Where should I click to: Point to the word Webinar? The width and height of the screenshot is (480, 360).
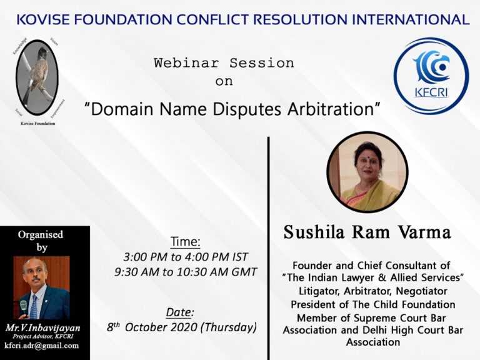coord(189,63)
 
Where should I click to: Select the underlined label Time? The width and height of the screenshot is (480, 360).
coord(186,241)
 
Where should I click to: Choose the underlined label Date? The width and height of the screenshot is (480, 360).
coord(180,312)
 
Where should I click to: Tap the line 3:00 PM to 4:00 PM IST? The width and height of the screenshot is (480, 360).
coord(186,256)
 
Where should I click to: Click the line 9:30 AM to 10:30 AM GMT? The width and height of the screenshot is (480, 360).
coord(186,272)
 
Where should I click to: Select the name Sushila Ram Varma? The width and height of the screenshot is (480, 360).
coord(367,233)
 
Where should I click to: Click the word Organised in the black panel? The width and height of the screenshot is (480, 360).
coord(41,235)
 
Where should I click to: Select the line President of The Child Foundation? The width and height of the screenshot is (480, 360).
coord(372,304)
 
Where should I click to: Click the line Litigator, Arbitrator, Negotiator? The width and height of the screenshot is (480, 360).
coord(372,291)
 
